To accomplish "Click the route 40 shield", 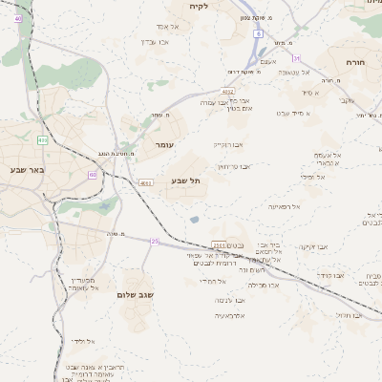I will pos(18,18).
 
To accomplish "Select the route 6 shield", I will pos(258,33).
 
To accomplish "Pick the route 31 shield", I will pos(297,58).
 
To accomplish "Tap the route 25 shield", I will pos(155,241).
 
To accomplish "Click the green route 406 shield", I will pos(43,140).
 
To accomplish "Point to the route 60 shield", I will pos(92,175).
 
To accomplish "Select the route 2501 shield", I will pos(219,244).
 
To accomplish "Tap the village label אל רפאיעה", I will pos(284,206).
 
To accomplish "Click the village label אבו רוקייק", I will pos(227,144).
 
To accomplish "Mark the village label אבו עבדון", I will pos(230,300).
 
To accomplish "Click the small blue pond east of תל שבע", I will pos(195,220).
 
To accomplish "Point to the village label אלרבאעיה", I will pos(229,315).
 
